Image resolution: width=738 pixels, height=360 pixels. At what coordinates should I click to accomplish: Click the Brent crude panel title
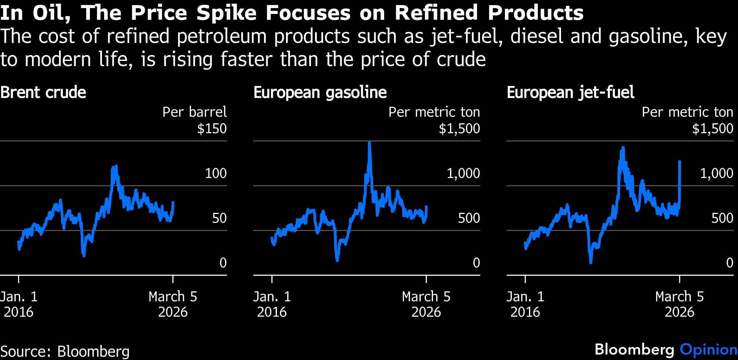click(x=43, y=92)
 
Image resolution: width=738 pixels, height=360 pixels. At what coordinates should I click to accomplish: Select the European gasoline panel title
click(x=320, y=92)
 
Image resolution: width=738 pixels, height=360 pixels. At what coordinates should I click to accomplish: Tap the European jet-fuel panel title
click(x=571, y=92)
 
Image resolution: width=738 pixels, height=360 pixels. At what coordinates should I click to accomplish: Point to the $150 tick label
click(x=212, y=129)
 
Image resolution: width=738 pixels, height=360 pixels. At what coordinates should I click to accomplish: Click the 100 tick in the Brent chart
click(x=216, y=173)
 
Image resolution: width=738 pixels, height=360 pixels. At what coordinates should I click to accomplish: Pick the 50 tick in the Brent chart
click(x=219, y=218)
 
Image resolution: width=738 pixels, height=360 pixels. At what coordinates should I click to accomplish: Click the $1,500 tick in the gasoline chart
click(x=459, y=129)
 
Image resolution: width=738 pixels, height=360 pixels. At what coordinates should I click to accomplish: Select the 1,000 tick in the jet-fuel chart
click(x=717, y=173)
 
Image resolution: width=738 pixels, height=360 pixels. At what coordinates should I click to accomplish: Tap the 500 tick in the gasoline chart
click(x=469, y=218)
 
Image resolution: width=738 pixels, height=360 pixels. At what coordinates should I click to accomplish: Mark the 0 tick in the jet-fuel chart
click(x=730, y=263)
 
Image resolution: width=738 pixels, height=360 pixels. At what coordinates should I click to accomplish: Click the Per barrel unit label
click(x=195, y=112)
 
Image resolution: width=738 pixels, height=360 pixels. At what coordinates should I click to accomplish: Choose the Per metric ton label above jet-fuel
click(x=687, y=112)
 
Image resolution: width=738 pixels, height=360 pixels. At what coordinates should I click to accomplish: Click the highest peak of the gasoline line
click(x=369, y=143)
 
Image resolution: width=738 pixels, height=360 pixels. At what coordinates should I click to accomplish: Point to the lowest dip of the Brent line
click(x=84, y=255)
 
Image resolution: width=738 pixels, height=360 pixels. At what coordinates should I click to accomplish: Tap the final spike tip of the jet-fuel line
click(x=680, y=161)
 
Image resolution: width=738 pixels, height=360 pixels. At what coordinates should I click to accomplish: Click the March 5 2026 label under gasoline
click(x=426, y=304)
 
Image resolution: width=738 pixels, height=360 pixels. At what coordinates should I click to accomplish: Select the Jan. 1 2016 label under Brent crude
click(x=19, y=304)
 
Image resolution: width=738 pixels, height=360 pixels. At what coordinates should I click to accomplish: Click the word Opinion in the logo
click(x=709, y=350)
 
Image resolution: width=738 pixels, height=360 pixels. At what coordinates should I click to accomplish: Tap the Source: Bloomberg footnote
click(x=65, y=351)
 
